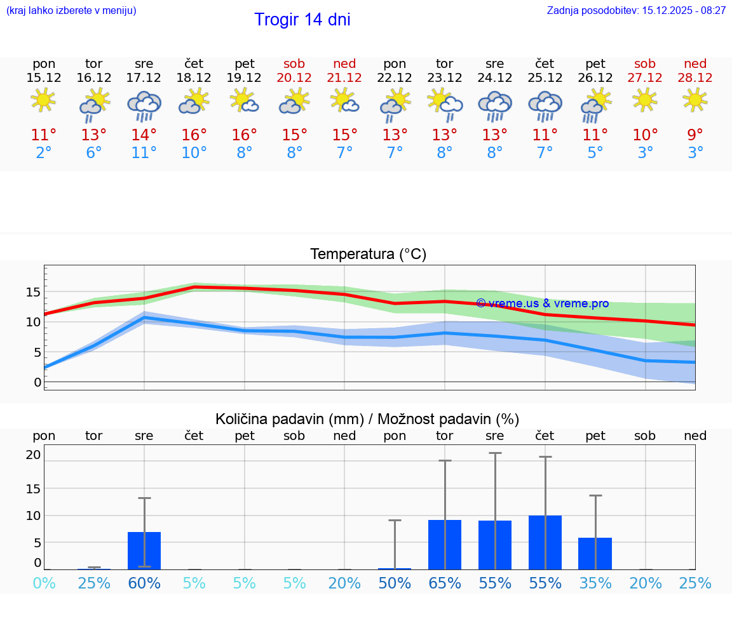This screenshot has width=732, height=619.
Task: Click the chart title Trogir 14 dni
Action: click(x=302, y=20)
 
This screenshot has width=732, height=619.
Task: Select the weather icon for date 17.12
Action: click(x=144, y=105)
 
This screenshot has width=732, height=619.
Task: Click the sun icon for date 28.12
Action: click(x=695, y=100)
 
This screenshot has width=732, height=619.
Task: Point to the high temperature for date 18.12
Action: click(x=194, y=135)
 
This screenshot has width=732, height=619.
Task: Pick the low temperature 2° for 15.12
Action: click(x=44, y=153)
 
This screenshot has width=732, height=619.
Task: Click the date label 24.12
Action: click(x=494, y=77)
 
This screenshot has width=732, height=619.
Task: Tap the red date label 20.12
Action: click(x=294, y=77)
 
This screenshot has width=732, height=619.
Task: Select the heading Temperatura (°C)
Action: click(x=368, y=255)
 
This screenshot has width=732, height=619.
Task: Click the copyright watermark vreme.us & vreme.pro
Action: click(x=542, y=303)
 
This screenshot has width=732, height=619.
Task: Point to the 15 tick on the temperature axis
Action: click(x=33, y=292)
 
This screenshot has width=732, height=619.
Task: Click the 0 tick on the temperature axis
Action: click(x=37, y=382)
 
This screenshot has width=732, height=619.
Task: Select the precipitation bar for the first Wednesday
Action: click(x=144, y=550)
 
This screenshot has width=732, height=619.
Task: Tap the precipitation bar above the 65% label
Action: click(x=445, y=545)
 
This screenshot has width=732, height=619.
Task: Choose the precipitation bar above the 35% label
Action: click(x=595, y=554)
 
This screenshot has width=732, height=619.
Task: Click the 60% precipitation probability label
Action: click(x=144, y=583)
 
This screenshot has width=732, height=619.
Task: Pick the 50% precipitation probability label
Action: click(x=395, y=583)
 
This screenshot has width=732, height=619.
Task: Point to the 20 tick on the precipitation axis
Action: click(x=33, y=455)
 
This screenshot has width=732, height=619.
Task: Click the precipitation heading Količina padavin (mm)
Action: click(x=289, y=419)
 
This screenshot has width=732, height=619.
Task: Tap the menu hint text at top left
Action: click(x=71, y=11)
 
